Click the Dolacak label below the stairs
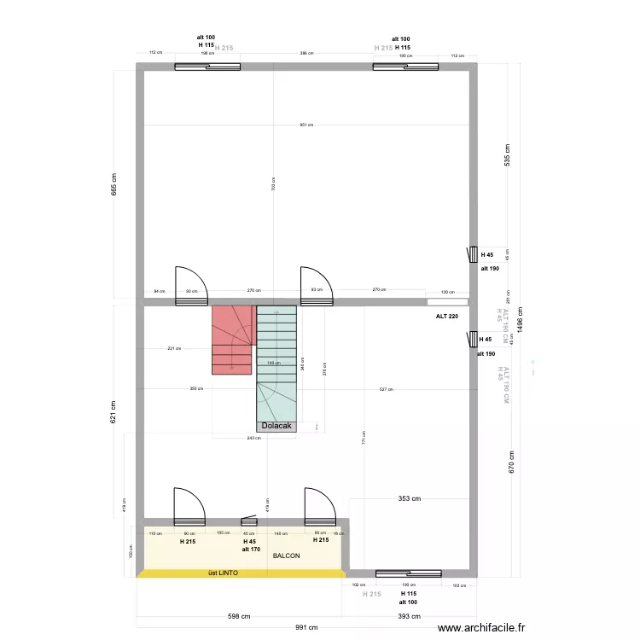tap(276, 426)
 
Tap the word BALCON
tap(287, 556)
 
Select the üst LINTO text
tap(223, 573)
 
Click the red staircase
tap(232, 339)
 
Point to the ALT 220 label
tap(447, 317)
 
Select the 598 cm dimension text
tap(238, 616)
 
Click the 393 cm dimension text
tap(409, 616)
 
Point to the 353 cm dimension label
tap(409, 499)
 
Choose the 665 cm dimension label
tap(113, 185)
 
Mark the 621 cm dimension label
tap(113, 413)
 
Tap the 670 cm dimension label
tap(511, 466)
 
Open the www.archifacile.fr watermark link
tap(482, 628)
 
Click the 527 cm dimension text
tap(386, 389)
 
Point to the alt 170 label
tap(251, 550)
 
